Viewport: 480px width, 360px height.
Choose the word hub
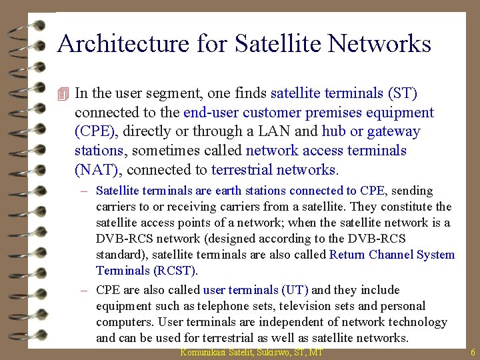tap(333, 131)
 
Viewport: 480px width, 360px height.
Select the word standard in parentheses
tap(119, 255)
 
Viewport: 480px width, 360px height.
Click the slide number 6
tap(472, 352)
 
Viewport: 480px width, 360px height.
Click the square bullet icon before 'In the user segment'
tap(63, 93)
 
